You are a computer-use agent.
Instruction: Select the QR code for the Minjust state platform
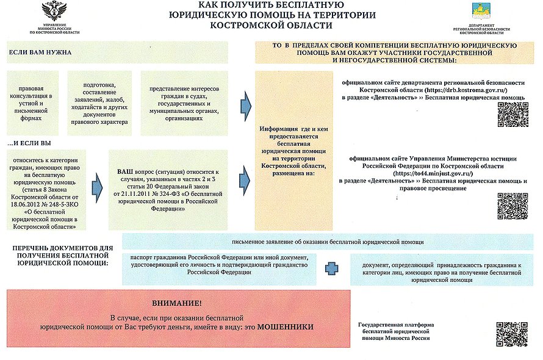[x=511, y=333]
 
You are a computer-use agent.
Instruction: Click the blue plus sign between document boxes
[x=331, y=269]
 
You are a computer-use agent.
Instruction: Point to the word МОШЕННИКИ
[x=285, y=328]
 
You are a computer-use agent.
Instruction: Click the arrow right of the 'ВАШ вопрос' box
[x=245, y=176]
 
